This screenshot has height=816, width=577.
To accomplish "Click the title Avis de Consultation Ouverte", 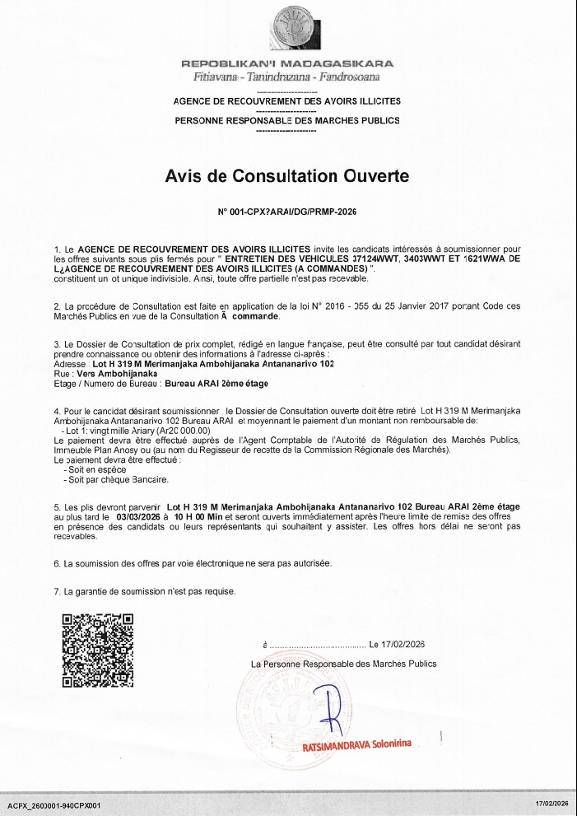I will [287, 175].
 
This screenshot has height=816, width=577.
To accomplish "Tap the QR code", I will [98, 650].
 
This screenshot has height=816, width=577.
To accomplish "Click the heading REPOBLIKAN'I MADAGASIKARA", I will [287, 63].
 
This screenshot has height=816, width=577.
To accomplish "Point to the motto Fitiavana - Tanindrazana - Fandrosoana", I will [287, 77].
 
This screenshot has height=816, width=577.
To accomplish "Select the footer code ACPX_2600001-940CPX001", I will [54, 804].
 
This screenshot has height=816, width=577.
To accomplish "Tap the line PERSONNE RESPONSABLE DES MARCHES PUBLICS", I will [287, 120].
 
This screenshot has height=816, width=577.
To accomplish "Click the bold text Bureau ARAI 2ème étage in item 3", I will [216, 384].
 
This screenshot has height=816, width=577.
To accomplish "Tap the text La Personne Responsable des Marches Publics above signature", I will [343, 664].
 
